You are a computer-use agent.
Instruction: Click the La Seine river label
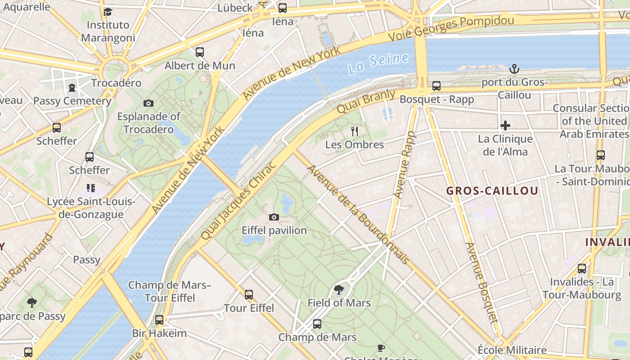tap(378, 63)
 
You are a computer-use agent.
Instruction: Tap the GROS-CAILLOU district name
tap(492, 191)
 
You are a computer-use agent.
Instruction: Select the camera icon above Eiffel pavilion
tap(274, 217)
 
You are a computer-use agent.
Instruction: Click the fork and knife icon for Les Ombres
tap(355, 131)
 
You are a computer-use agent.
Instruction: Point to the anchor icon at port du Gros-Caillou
tap(514, 69)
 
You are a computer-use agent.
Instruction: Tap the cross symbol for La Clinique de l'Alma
tap(505, 126)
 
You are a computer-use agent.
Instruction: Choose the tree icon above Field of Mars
tap(339, 290)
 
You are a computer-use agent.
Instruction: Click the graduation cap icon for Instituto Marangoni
tap(108, 12)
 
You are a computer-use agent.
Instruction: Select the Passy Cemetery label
tap(72, 101)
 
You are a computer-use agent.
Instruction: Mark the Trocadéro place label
tap(116, 83)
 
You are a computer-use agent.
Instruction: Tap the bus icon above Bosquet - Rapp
tap(436, 86)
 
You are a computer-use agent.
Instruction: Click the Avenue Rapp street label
tap(405, 165)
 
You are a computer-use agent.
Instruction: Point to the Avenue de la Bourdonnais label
tap(358, 215)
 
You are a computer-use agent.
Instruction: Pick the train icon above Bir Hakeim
tap(159, 320)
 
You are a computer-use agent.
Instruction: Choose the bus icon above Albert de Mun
tap(200, 52)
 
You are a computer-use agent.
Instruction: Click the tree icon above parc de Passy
tap(31, 302)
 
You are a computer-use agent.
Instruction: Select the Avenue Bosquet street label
tap(481, 283)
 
